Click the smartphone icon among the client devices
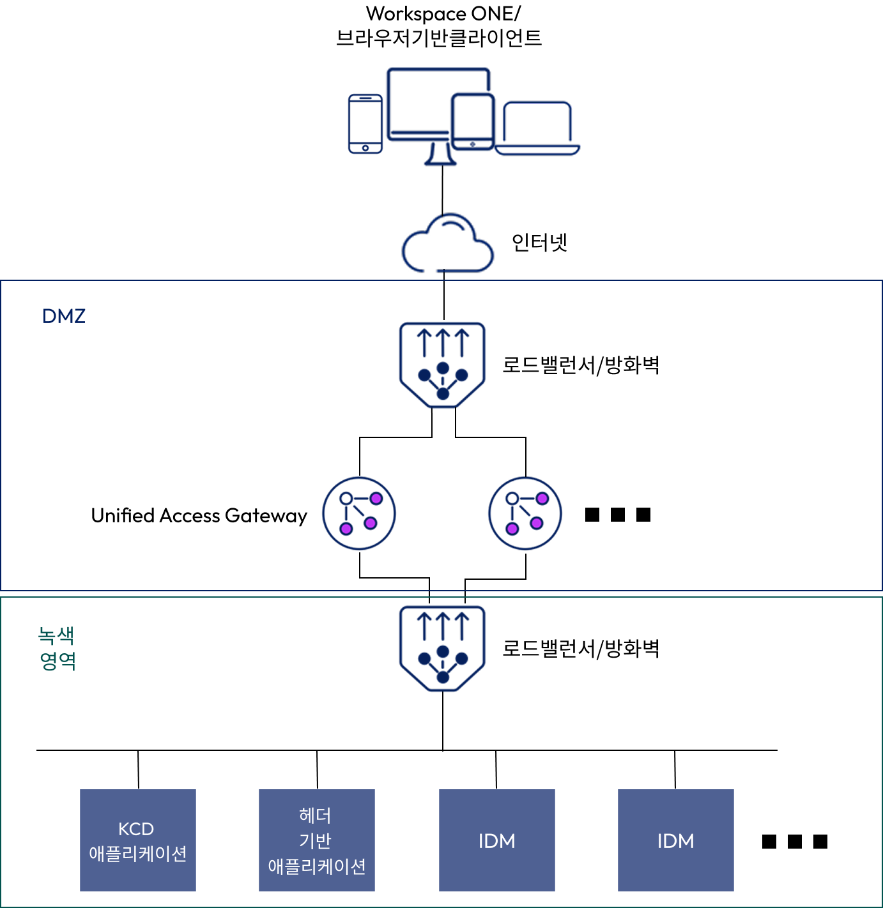(365, 124)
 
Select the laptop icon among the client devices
(537, 128)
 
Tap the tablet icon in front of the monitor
(473, 122)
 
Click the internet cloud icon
(447, 243)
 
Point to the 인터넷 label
(539, 242)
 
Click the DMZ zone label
(63, 316)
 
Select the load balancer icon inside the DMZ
(442, 365)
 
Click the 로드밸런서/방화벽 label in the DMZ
(580, 365)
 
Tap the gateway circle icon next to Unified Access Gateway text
(359, 513)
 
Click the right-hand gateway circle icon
(525, 513)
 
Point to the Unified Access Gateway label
(199, 515)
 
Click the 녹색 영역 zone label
(56, 648)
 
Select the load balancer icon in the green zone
(442, 648)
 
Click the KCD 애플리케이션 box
(138, 840)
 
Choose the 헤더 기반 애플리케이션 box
(317, 840)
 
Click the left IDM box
(497, 840)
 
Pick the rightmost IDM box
(676, 840)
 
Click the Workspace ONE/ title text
(443, 14)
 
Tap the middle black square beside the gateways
(618, 515)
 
